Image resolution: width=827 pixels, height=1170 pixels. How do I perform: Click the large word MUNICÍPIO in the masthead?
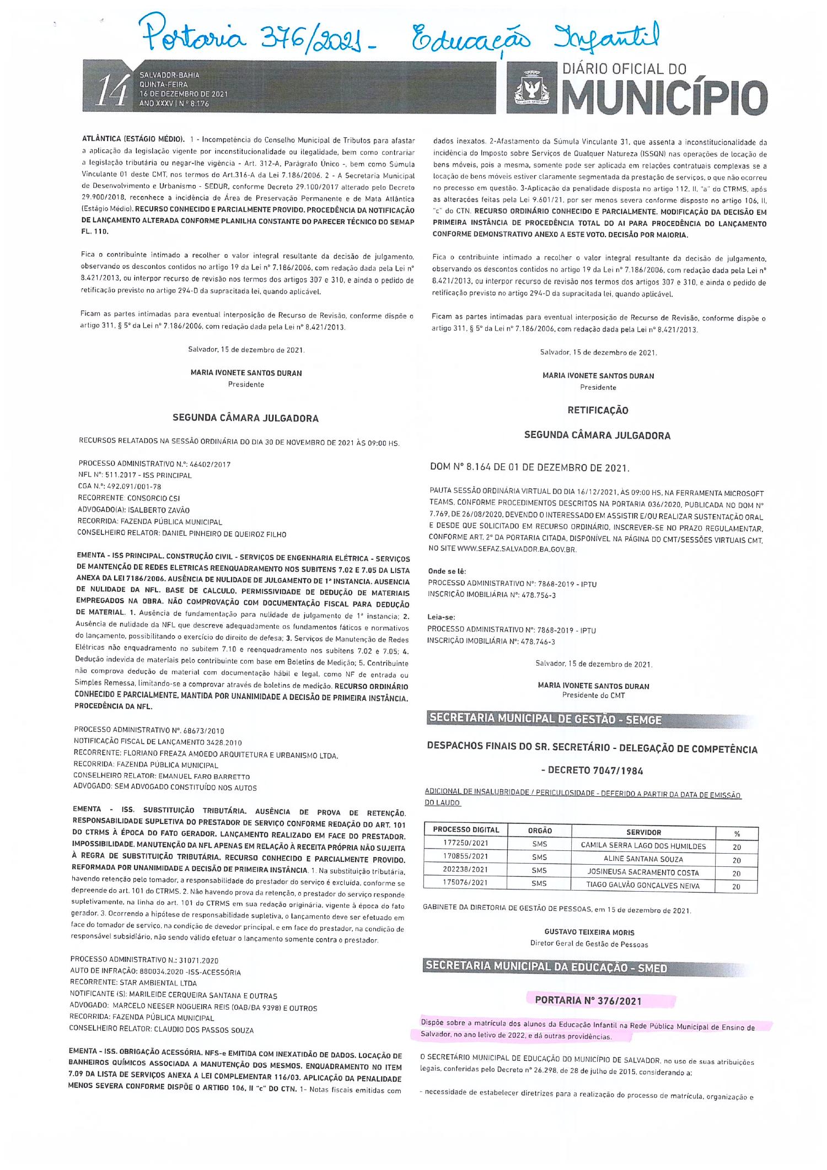[x=664, y=97]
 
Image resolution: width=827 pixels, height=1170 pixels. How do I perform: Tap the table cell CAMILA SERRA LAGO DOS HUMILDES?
[x=643, y=845]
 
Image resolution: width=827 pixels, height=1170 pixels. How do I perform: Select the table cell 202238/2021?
[x=465, y=872]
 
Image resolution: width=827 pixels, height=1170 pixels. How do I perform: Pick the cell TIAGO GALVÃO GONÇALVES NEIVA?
[x=643, y=886]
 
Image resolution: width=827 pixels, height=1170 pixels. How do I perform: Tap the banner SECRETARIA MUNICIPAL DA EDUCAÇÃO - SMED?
[x=546, y=968]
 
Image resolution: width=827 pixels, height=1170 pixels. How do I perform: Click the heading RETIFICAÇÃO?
[x=598, y=410]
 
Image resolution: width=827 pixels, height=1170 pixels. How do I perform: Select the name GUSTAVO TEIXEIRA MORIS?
[x=589, y=932]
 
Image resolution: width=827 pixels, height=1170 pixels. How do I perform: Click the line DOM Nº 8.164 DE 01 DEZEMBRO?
[x=529, y=468]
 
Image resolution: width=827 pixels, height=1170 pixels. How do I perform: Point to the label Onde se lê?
[x=447, y=571]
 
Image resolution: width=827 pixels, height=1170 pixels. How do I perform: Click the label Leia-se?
[x=442, y=617]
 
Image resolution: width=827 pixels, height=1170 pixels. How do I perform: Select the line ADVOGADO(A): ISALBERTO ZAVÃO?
[x=133, y=510]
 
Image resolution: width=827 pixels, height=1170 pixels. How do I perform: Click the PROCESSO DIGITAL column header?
[x=465, y=830]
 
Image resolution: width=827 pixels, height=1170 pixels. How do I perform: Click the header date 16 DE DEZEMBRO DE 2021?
[x=184, y=94]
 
